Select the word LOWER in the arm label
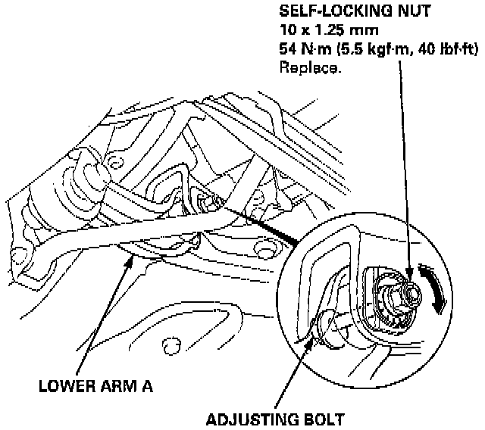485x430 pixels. click(x=64, y=387)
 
